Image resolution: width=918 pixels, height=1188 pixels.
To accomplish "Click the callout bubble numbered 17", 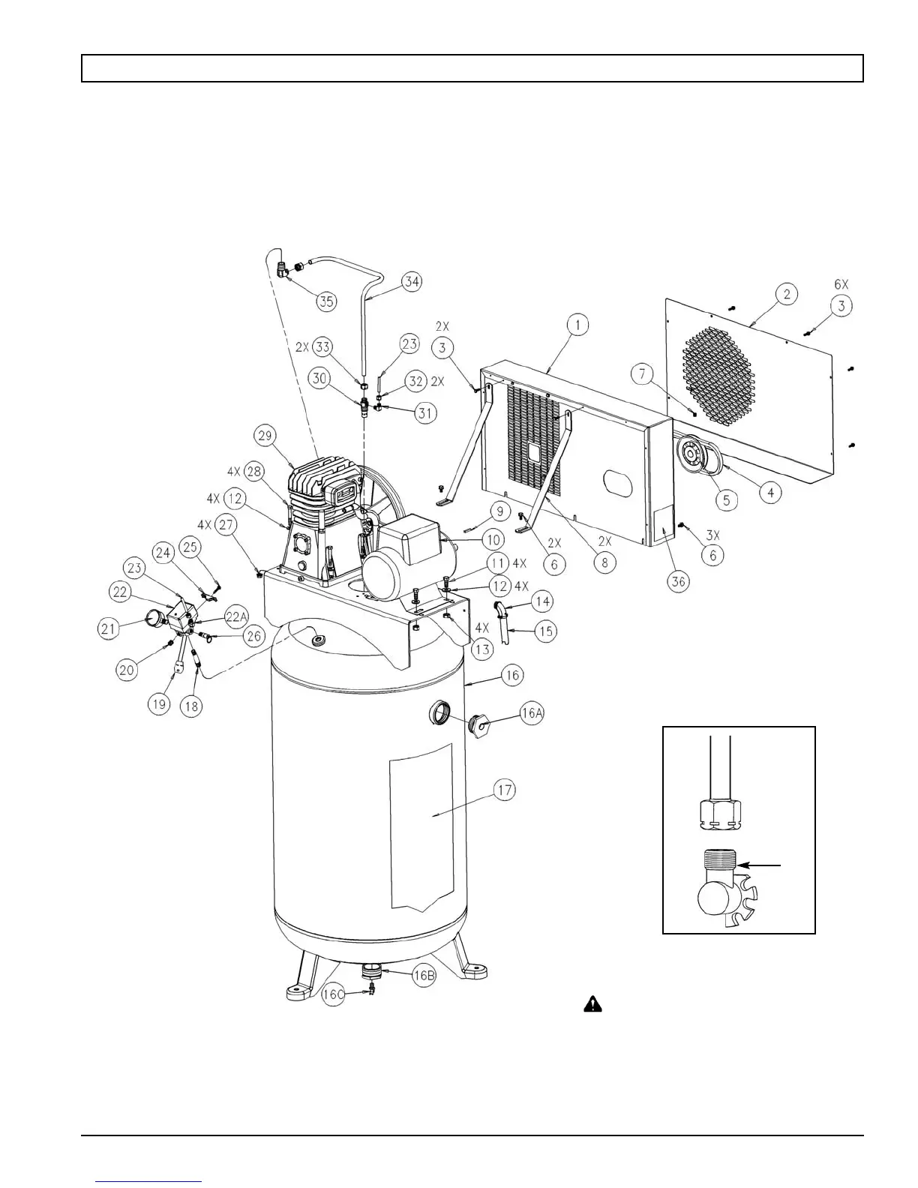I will (x=505, y=790).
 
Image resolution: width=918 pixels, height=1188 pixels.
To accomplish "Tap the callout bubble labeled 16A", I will (x=530, y=713).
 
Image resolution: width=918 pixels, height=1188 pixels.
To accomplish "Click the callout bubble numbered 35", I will (x=326, y=301).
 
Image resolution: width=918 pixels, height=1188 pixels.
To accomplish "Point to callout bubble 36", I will (x=679, y=581).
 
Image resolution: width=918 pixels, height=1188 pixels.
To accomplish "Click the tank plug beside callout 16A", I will (x=478, y=724).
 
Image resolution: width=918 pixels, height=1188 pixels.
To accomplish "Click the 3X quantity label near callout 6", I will (x=712, y=535).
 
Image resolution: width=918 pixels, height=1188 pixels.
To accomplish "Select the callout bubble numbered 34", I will (x=412, y=282).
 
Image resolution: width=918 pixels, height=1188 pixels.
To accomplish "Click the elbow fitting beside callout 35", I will (x=283, y=268).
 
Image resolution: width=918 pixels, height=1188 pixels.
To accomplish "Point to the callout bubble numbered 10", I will (x=491, y=539).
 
